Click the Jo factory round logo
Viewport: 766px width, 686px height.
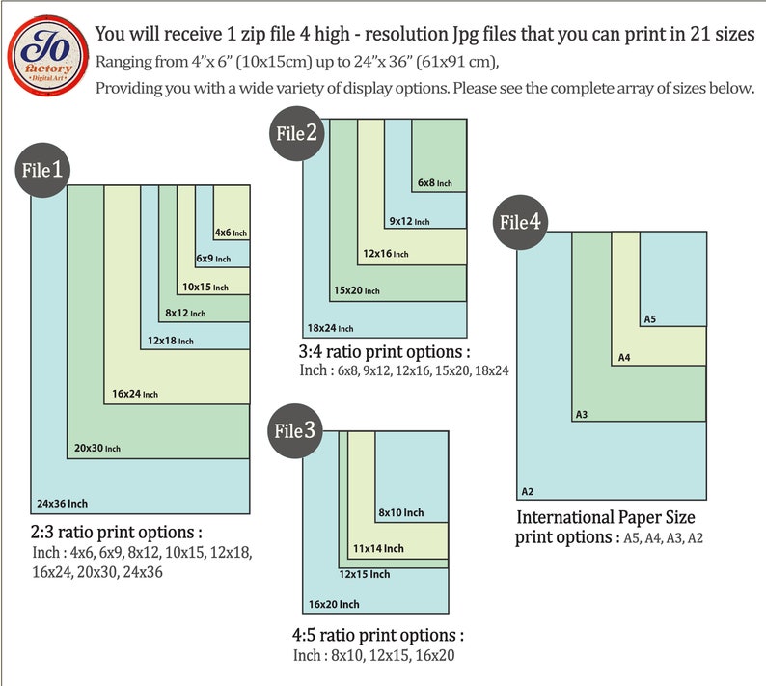point(47,55)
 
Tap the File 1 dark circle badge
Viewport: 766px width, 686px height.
point(42,170)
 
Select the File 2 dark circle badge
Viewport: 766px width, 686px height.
point(296,133)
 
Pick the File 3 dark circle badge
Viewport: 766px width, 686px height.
point(294,431)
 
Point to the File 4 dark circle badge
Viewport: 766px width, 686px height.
point(520,222)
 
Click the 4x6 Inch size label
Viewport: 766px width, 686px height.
point(232,233)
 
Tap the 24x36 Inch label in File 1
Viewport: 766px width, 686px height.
point(62,504)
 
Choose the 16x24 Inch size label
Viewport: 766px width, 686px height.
point(135,394)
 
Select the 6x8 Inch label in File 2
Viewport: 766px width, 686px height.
point(435,182)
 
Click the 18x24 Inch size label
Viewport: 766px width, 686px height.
point(330,328)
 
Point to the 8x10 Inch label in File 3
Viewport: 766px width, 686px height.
point(401,512)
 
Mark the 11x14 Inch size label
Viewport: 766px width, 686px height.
point(378,548)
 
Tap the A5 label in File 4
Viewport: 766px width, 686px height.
point(649,319)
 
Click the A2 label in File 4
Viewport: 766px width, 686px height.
point(528,491)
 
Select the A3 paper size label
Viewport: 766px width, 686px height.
point(582,414)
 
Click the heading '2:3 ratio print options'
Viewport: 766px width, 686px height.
point(117,532)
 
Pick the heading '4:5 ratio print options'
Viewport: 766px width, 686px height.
point(378,635)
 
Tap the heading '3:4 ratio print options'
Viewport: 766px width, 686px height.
point(385,352)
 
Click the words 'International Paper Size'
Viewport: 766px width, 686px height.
point(606,517)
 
